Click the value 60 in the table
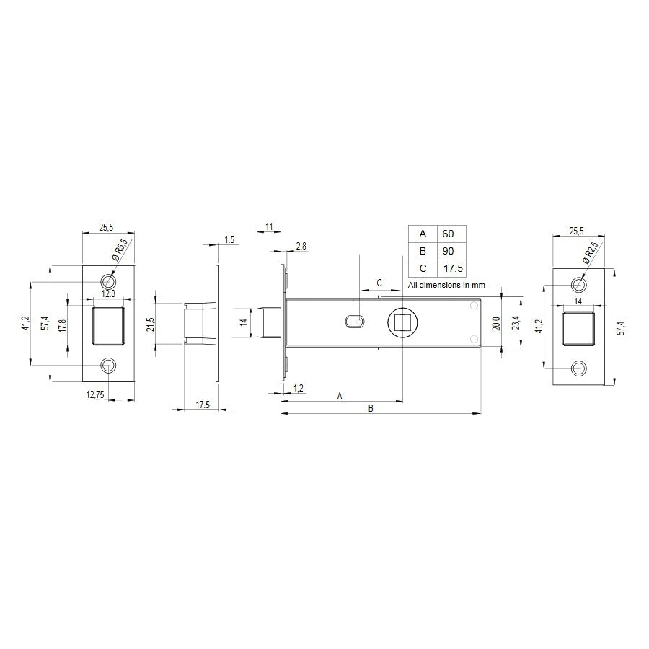449,234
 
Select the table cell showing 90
449,252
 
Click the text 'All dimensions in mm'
446,285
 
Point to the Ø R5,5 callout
120,250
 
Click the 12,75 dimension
94,394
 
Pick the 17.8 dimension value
63,324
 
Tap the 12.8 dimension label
108,293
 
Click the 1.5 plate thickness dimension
229,239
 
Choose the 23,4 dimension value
514,324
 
